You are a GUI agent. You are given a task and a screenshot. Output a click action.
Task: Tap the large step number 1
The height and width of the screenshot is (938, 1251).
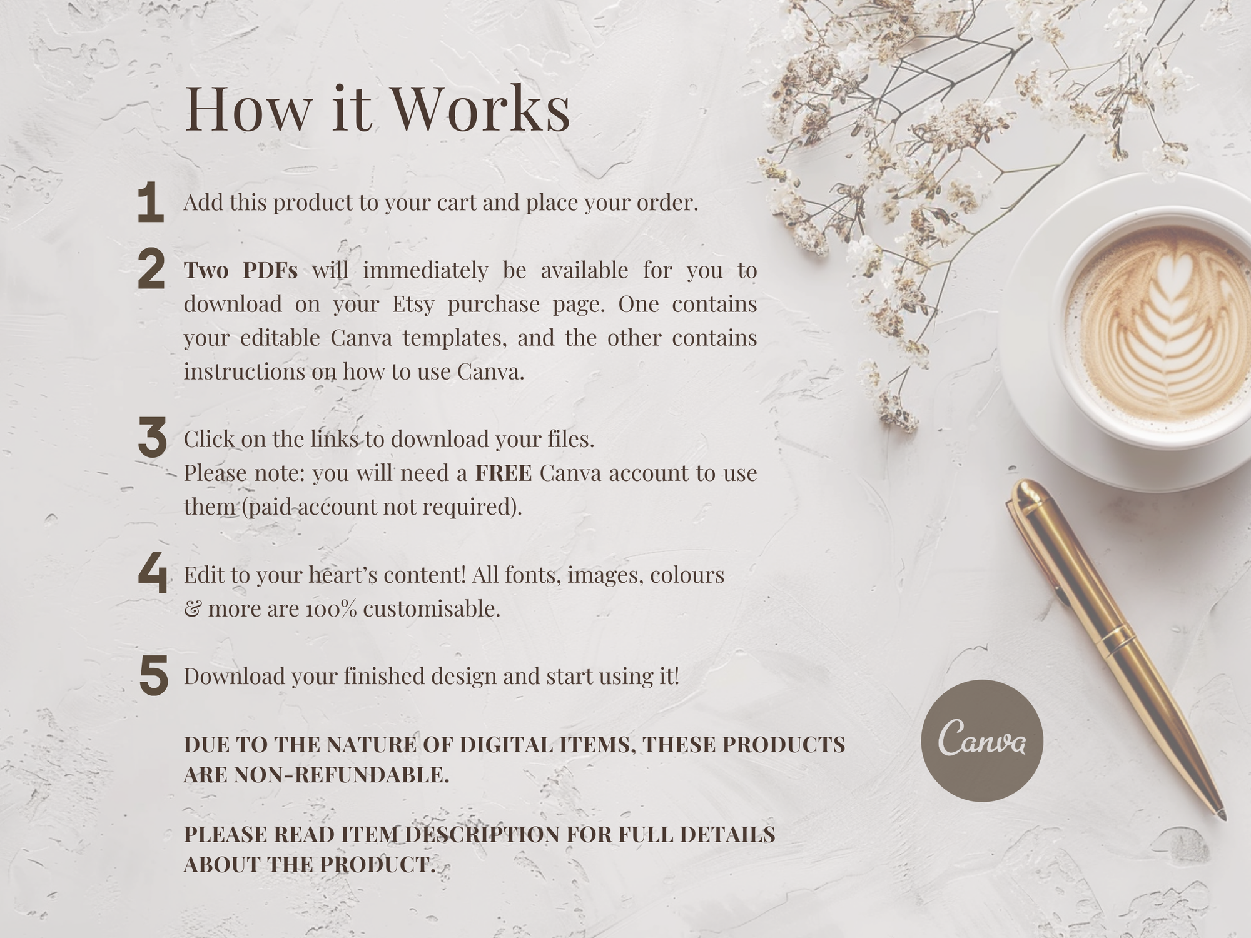coord(150,202)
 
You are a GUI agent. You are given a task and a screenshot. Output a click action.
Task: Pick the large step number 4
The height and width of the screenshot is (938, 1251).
coord(153,573)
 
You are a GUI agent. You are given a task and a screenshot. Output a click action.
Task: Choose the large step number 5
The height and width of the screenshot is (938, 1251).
coord(154,675)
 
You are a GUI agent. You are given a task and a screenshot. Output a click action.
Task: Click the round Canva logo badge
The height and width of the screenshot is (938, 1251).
coord(982,741)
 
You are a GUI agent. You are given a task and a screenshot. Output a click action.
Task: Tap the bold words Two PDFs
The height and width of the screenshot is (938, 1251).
coord(241,270)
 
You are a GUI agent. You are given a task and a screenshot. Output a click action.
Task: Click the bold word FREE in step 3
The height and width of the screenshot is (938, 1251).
coord(504,473)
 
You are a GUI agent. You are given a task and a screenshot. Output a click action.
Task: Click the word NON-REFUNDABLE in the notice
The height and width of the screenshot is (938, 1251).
coord(342,775)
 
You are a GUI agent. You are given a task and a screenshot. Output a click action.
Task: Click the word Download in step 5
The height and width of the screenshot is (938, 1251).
coord(235,677)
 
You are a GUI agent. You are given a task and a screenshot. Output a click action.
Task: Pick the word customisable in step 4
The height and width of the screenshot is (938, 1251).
coord(432,608)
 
